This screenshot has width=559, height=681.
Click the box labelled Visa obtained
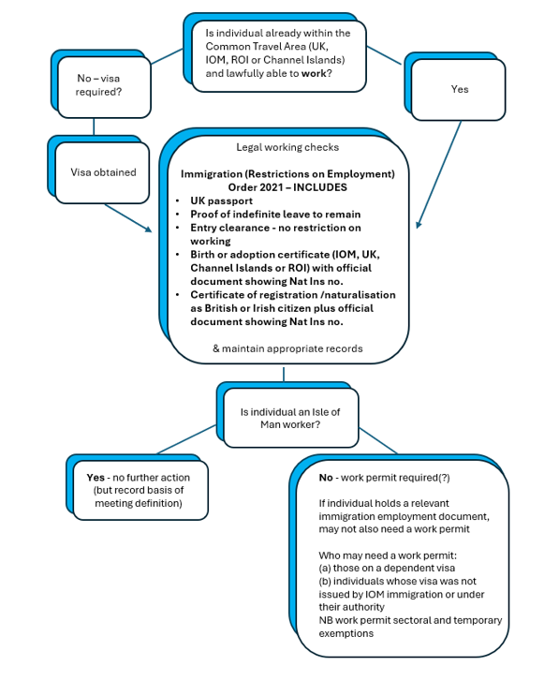coord(102,172)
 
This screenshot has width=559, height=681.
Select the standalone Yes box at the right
coord(458,90)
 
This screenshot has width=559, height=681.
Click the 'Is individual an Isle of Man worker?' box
coord(291,418)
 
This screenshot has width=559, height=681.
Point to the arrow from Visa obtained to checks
coord(128,217)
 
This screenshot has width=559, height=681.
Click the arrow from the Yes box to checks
coord(438,174)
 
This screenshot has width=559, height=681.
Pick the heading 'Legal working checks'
coord(287,147)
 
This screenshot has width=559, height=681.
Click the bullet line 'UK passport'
coord(221,201)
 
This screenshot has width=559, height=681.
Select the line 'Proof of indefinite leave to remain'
coord(275,215)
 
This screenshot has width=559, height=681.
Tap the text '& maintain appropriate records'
coord(287,348)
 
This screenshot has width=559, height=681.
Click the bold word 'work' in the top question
coord(314,73)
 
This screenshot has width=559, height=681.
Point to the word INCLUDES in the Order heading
coord(320,187)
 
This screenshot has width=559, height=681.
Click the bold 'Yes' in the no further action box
coord(96,478)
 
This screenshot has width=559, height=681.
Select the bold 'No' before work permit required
coord(326,478)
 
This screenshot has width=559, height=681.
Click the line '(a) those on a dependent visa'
coord(387,568)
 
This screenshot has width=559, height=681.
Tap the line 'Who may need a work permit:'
coord(388,555)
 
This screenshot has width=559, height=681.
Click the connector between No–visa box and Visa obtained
coord(94,126)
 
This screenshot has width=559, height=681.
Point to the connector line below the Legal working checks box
coord(284,375)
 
